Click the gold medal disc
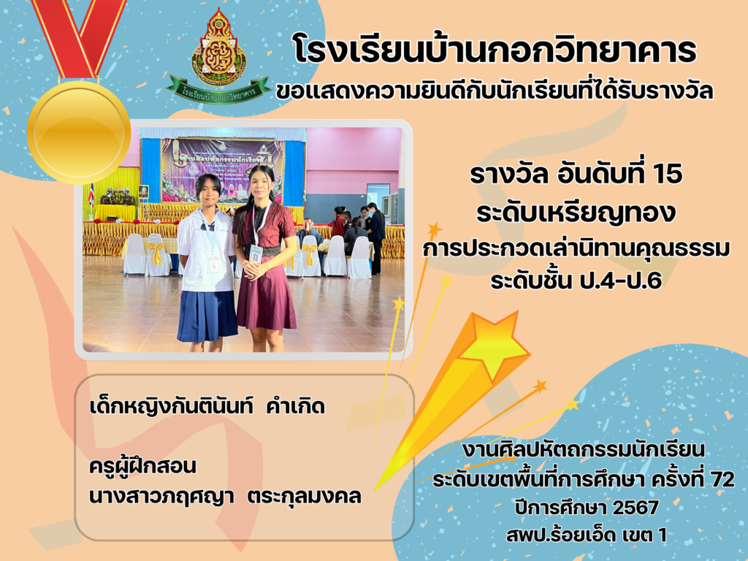pyautogui.click(x=79, y=133)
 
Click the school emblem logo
pyautogui.click(x=218, y=47)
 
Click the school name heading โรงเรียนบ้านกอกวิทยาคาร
pyautogui.click(x=495, y=49)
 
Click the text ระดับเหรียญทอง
pyautogui.click(x=576, y=213)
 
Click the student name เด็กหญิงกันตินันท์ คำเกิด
pyautogui.click(x=207, y=407)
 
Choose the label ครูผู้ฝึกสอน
pyautogui.click(x=142, y=466)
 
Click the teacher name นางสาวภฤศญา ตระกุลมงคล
pyautogui.click(x=225, y=497)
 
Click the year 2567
pyautogui.click(x=636, y=508)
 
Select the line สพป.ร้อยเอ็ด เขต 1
pyautogui.click(x=587, y=535)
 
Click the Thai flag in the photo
pyautogui.click(x=91, y=194)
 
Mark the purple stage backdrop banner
pyautogui.click(x=222, y=169)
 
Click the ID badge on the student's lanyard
pyautogui.click(x=213, y=263)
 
